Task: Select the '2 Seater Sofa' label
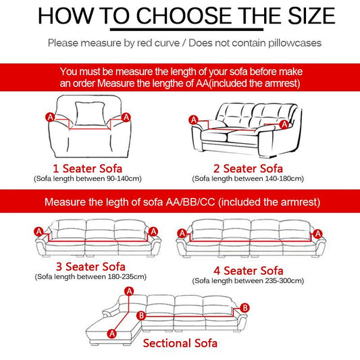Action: (249, 168)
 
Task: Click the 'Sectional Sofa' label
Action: (180, 342)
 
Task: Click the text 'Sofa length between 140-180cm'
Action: (248, 178)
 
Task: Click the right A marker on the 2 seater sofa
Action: (284, 124)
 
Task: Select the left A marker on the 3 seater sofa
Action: (38, 231)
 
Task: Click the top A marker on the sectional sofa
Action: (128, 290)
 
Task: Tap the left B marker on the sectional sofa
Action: (140, 315)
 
